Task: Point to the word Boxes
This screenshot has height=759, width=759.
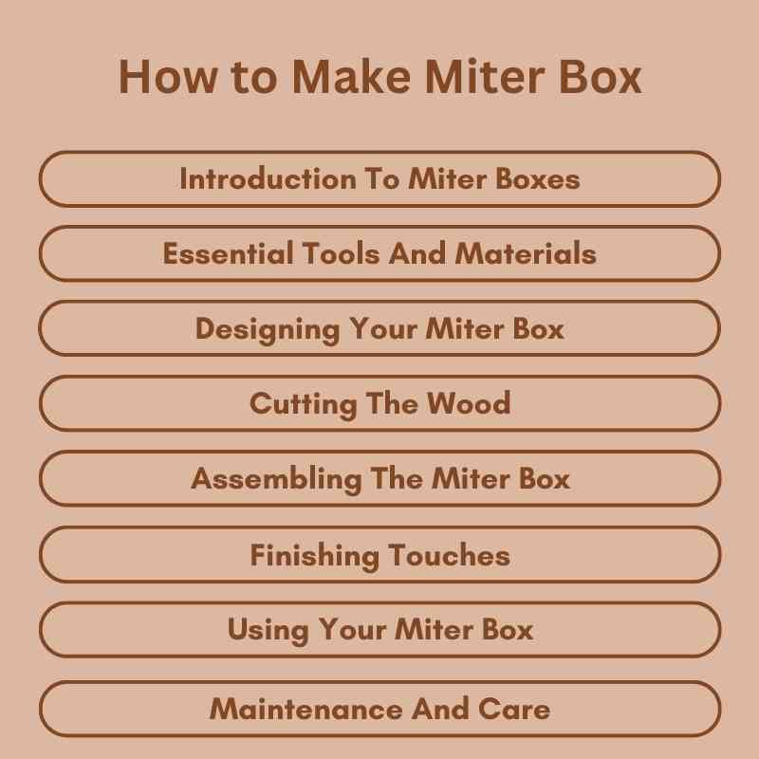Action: tap(537, 178)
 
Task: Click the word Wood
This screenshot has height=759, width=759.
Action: tap(469, 403)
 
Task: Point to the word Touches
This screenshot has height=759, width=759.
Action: tap(448, 555)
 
